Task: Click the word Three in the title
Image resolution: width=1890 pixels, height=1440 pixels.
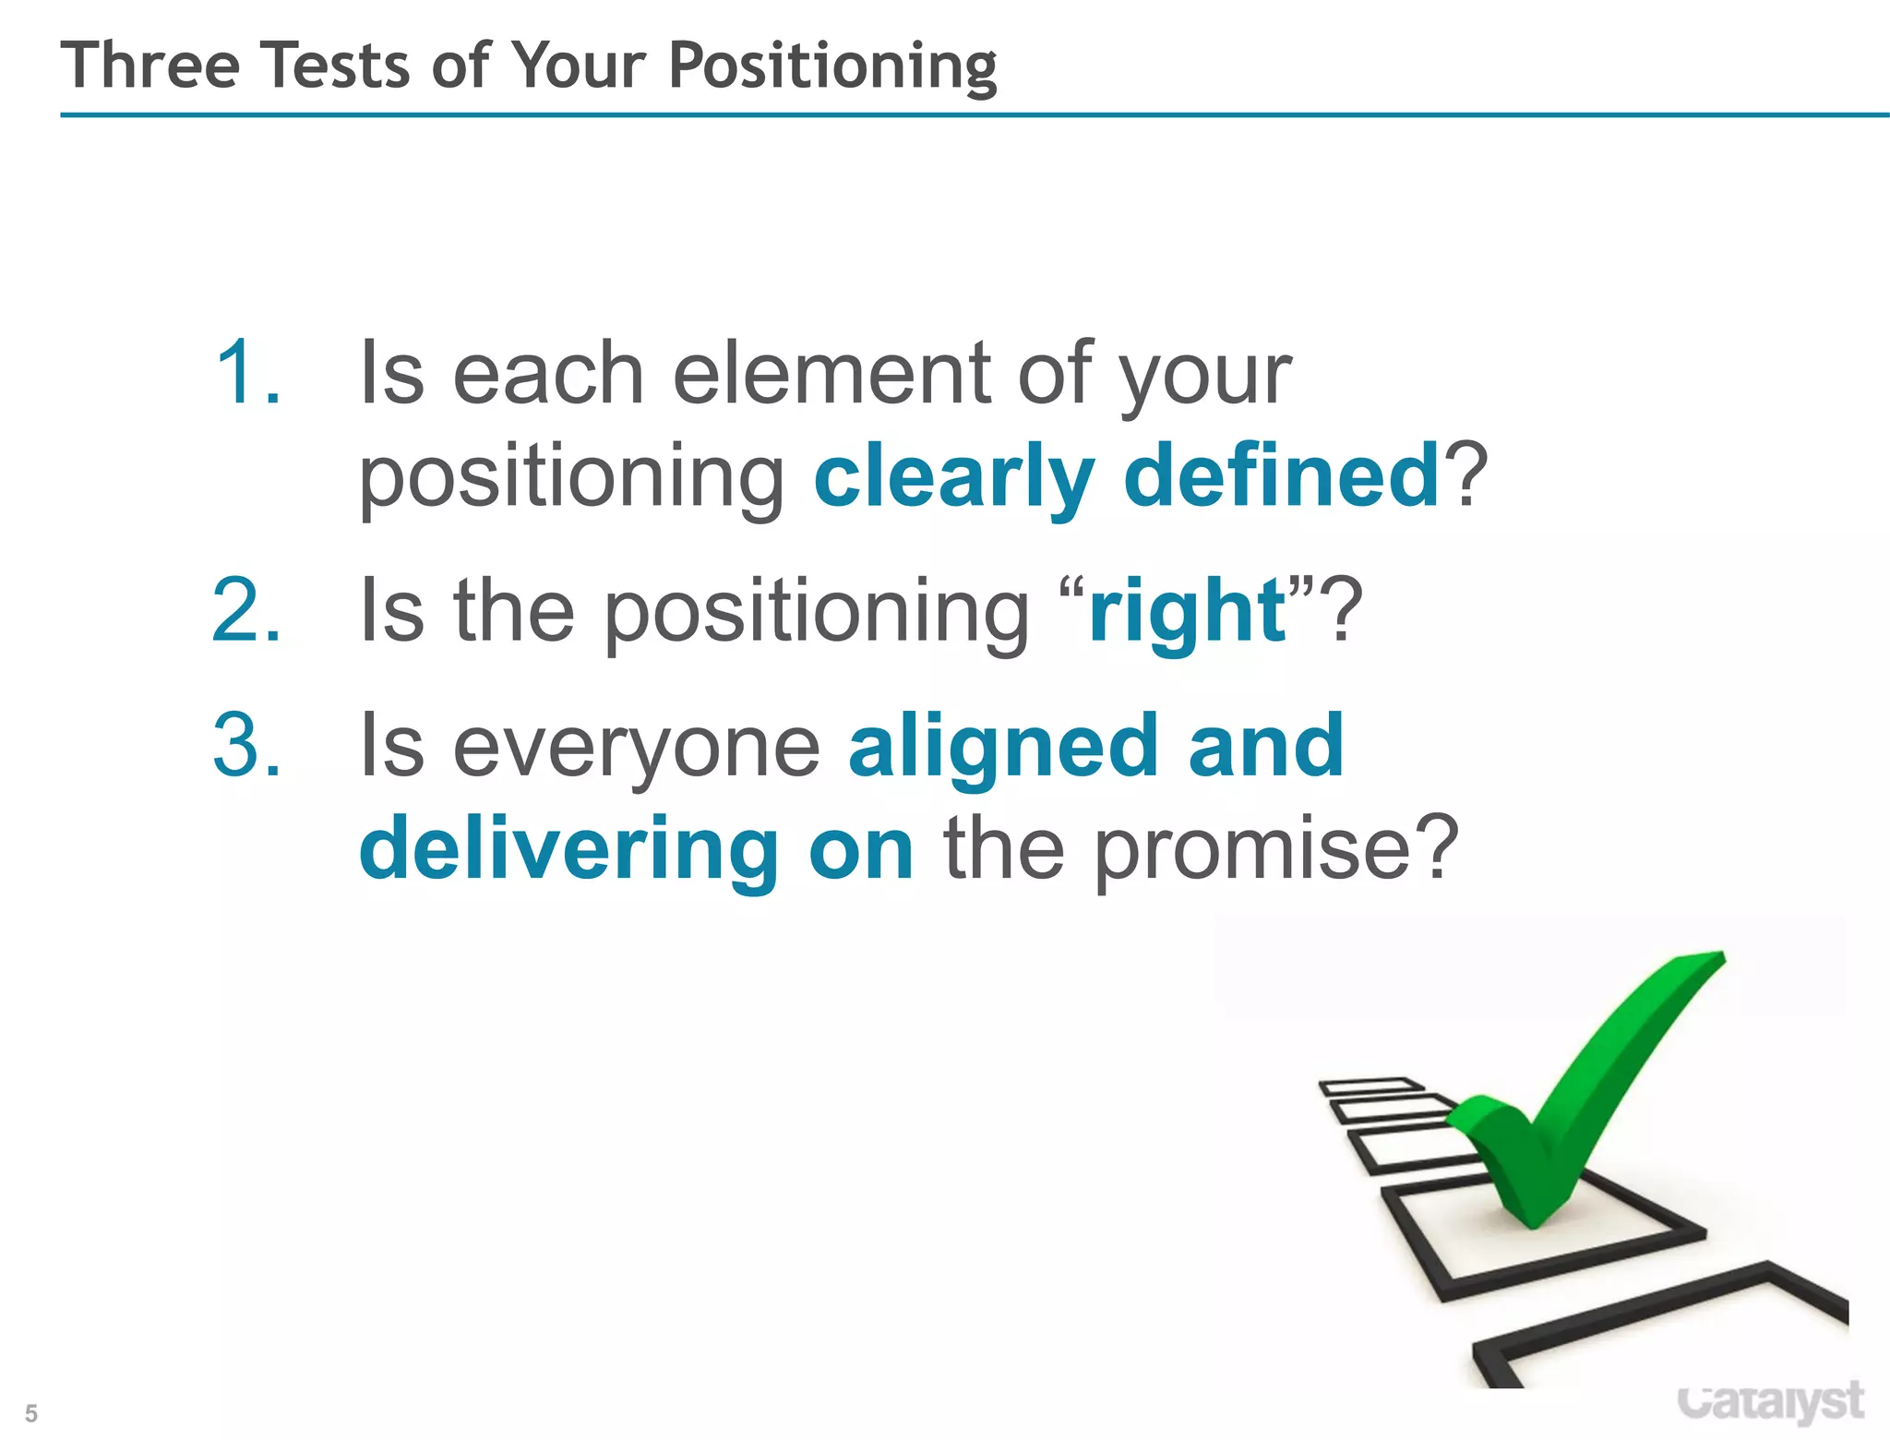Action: click(x=150, y=66)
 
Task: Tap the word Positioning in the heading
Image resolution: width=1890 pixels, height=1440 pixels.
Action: click(x=831, y=67)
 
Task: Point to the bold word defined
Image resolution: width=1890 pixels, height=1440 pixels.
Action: click(x=1281, y=474)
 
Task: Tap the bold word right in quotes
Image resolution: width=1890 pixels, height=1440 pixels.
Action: click(x=1187, y=612)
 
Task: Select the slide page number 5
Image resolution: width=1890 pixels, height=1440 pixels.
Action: click(x=31, y=1413)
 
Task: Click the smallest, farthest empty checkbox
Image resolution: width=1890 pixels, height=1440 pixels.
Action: click(x=1370, y=1086)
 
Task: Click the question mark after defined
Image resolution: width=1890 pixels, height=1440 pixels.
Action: click(x=1465, y=474)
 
